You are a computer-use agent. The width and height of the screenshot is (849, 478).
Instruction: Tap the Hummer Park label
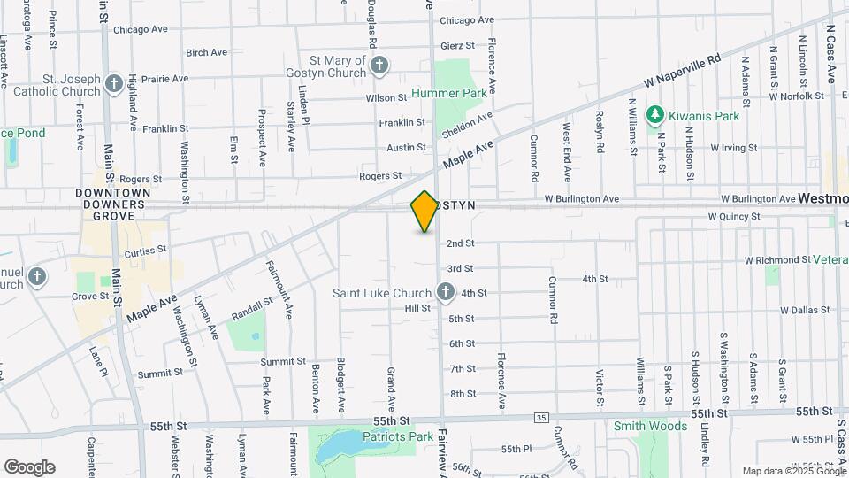click(455, 93)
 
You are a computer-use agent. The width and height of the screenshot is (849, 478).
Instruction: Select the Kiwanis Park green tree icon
click(654, 113)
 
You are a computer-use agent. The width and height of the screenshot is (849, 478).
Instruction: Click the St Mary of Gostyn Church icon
click(379, 65)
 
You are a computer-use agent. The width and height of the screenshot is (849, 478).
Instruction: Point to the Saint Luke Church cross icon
click(446, 292)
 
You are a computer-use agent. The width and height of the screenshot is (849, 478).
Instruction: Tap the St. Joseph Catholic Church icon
click(113, 84)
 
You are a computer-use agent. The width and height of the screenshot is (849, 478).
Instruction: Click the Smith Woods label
click(651, 426)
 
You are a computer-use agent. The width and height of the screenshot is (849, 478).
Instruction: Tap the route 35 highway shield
click(541, 418)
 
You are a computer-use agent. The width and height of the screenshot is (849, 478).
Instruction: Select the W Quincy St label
click(734, 217)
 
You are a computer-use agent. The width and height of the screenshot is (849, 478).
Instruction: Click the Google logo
click(29, 466)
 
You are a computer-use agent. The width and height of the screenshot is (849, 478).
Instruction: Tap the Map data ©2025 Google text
click(793, 471)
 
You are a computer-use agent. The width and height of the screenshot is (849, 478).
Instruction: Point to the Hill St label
click(417, 308)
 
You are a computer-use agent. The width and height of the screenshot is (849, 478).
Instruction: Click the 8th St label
click(463, 394)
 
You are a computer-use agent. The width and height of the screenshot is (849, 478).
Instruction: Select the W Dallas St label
click(806, 311)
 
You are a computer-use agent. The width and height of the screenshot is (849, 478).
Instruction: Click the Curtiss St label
click(146, 251)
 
